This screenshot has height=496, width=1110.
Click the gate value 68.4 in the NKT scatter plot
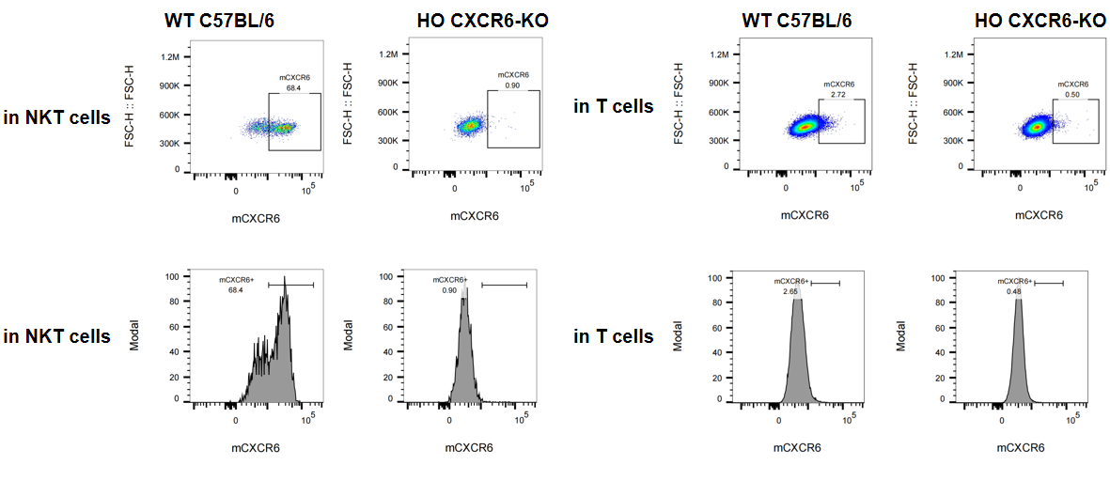pos(293,87)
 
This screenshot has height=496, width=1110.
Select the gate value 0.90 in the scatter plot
pos(512,85)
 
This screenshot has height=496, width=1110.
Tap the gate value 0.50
pos(1071,95)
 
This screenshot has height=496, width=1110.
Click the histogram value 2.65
pos(790,291)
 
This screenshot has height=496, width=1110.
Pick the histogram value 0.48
pos(1013,291)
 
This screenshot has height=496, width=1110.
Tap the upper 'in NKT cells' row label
pos(56,117)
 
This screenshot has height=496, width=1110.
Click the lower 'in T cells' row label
pos(613,336)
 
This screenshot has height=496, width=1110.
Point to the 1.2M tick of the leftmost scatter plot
pos(169,56)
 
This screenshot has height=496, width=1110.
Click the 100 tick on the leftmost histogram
pos(172,277)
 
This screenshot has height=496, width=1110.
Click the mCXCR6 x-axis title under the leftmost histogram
pos(256,447)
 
